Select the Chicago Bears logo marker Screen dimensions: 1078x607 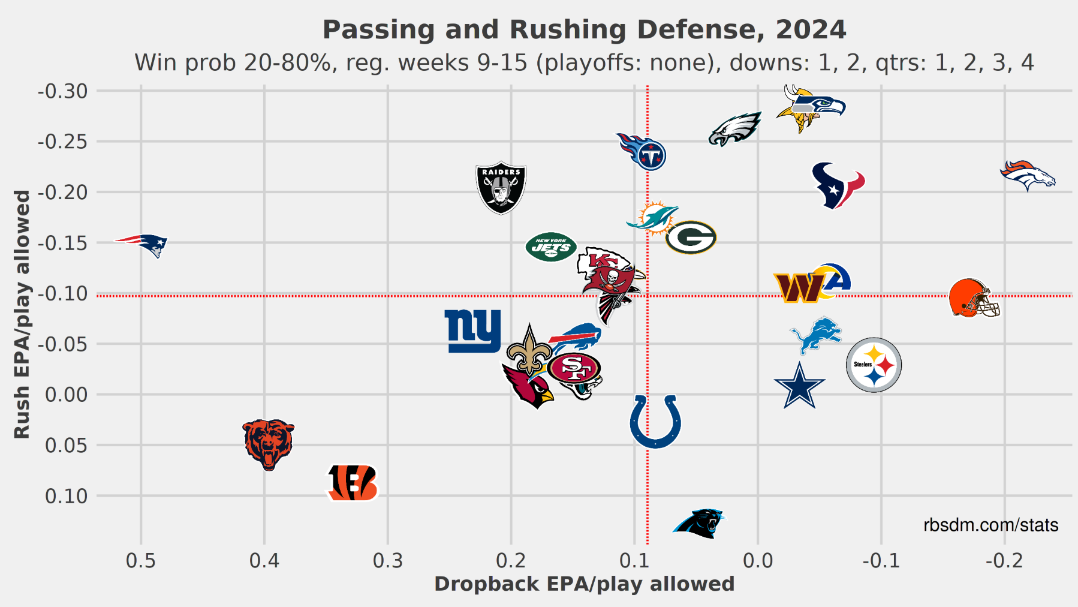269,444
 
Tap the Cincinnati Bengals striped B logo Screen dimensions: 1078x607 353,482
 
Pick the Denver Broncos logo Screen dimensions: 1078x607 1028,176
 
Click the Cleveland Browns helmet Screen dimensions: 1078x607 974,298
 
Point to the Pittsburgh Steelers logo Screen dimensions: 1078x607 874,365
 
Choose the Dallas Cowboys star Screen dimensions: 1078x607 799,386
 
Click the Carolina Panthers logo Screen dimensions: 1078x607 700,523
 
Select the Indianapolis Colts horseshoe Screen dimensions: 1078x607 655,421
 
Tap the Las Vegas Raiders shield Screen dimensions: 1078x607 501,188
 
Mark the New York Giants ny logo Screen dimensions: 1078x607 473,331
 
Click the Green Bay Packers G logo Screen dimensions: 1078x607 691,238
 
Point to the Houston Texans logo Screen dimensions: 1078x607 838,185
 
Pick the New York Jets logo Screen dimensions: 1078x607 551,247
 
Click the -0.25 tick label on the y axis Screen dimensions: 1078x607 62,142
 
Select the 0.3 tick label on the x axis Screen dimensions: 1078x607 388,561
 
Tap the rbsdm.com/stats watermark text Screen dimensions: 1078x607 990,525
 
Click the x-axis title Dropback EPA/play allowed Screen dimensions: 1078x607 584,584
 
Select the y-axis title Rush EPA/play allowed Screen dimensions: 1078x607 22,314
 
